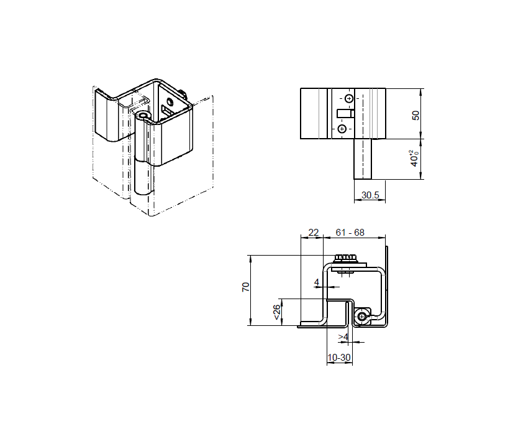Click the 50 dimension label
pyautogui.click(x=416, y=114)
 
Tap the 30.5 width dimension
pyautogui.click(x=370, y=195)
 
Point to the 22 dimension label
pyautogui.click(x=314, y=233)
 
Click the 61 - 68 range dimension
pyautogui.click(x=350, y=233)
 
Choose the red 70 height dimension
pyautogui.click(x=245, y=287)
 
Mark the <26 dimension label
pyautogui.click(x=276, y=312)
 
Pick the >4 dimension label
pyautogui.click(x=343, y=337)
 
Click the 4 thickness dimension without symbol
pyautogui.click(x=317, y=282)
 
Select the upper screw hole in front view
pyautogui.click(x=349, y=98)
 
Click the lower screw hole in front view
pyautogui.click(x=342, y=129)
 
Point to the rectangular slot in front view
pyautogui.click(x=345, y=113)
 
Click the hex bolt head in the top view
pyautogui.click(x=345, y=257)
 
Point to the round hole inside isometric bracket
pyautogui.click(x=169, y=100)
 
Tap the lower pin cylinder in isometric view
pyautogui.click(x=142, y=180)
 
